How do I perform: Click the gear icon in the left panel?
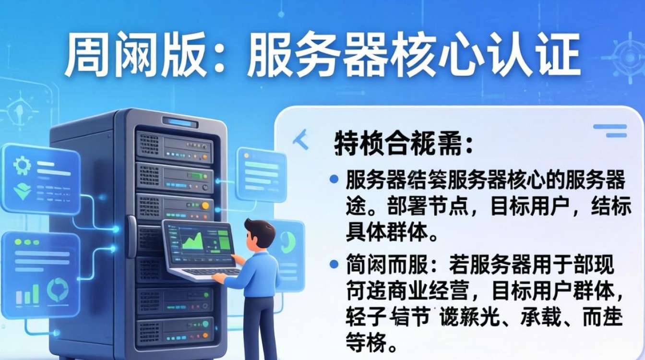(22, 166)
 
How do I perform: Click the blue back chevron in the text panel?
(301, 139)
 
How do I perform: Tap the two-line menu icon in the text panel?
(610, 131)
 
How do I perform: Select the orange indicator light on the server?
(205, 206)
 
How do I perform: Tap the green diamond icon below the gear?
(22, 192)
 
